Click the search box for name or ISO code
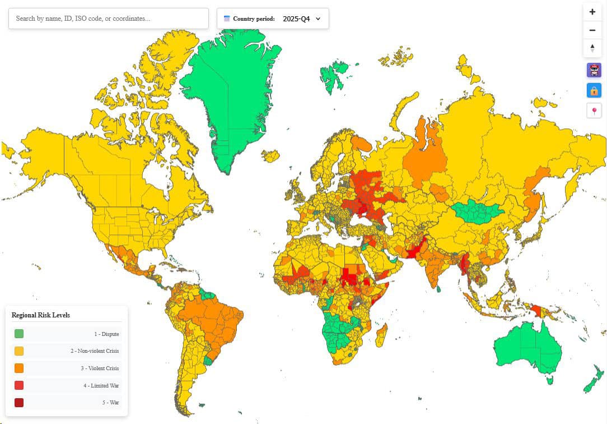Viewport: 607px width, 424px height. click(108, 19)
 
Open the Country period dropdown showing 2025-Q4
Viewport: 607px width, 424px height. click(273, 19)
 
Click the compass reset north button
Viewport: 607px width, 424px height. click(592, 48)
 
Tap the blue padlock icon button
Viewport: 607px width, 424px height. click(594, 90)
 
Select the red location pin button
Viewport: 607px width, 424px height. click(594, 111)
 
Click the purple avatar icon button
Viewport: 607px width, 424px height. click(594, 70)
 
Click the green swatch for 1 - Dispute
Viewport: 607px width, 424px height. click(19, 334)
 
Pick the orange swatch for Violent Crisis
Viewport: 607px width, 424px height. click(19, 368)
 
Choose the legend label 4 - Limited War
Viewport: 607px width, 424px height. click(101, 385)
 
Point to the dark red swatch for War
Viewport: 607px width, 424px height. click(19, 402)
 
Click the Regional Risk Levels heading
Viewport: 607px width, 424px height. click(41, 315)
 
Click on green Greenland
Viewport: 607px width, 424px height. click(230, 95)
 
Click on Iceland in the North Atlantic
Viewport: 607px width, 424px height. click(270, 155)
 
